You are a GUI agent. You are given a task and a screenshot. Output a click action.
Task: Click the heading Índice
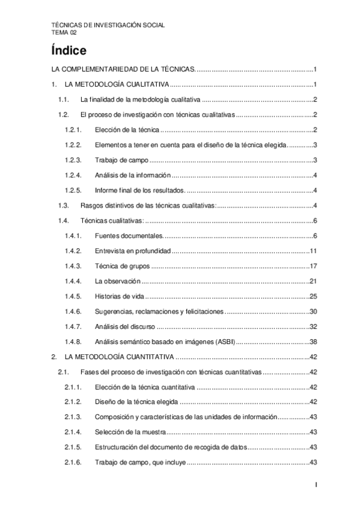pos(69,50)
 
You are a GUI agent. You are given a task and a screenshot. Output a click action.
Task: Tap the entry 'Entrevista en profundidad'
pos(133,250)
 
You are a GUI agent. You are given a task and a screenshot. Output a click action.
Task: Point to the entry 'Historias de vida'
pos(120,296)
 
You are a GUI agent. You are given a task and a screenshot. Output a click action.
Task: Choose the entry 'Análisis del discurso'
pos(125,327)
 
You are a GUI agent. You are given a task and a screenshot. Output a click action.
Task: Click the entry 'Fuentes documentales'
pos(129,235)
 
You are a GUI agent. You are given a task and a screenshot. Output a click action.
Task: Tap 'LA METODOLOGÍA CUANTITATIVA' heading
pos(119,357)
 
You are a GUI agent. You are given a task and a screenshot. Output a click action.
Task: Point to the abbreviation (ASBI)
pos(224,342)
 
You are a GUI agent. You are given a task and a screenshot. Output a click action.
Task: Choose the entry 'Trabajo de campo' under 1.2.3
pos(120,159)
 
